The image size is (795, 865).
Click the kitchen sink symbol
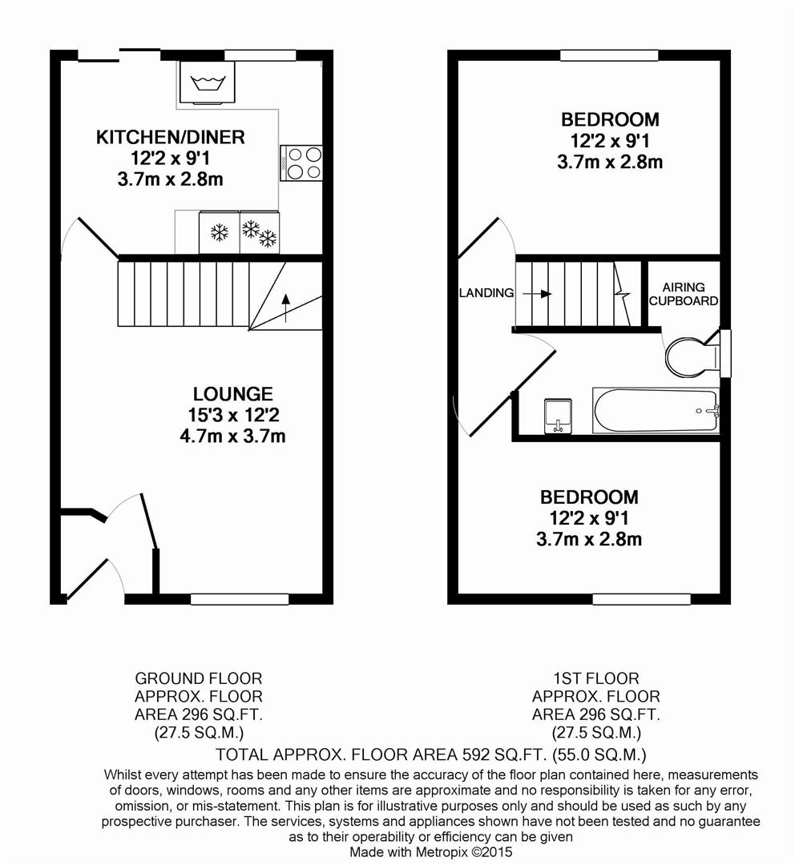[207, 82]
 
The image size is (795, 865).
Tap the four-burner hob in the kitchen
[301, 163]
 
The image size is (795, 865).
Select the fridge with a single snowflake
[219, 232]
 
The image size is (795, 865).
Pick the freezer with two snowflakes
[260, 232]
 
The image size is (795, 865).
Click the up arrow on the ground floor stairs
[285, 308]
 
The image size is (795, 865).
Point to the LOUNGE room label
[233, 394]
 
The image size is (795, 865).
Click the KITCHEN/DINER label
[170, 137]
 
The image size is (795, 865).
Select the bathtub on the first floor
[656, 411]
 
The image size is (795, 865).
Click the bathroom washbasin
[558, 416]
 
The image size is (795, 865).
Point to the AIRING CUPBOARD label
[684, 294]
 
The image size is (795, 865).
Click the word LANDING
[486, 293]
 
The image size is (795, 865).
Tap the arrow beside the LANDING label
[537, 294]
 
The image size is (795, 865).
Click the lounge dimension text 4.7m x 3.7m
[232, 437]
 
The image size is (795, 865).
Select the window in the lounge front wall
[240, 599]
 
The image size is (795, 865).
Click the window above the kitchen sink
[260, 55]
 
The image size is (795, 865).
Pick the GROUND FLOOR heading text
[199, 678]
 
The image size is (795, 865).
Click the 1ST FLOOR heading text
[596, 678]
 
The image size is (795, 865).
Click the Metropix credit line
[431, 852]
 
